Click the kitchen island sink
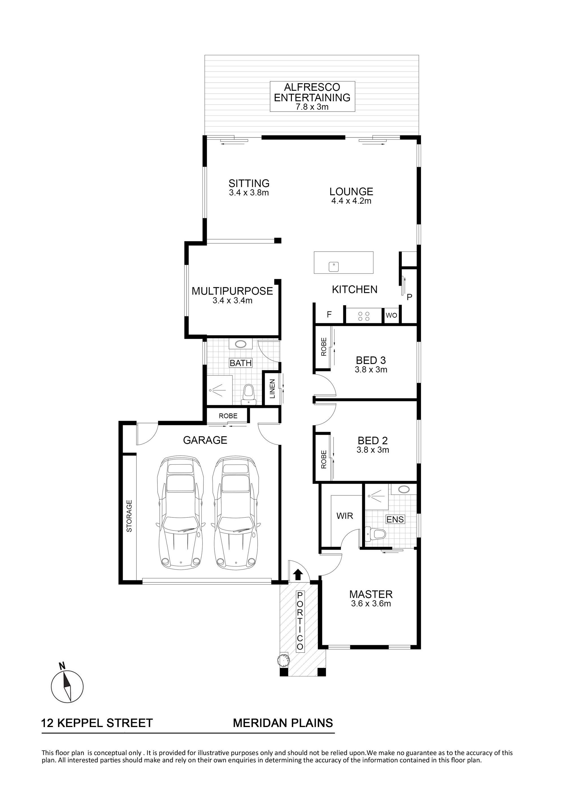[334, 267]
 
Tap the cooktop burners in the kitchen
[364, 316]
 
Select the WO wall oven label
[391, 315]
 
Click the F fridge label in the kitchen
[329, 315]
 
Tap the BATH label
[241, 363]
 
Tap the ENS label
[395, 519]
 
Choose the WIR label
[345, 516]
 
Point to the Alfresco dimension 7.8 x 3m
[312, 107]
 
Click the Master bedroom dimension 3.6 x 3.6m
[371, 604]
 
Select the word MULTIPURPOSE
[232, 291]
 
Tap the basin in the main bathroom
[241, 344]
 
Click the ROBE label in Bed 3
[324, 347]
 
